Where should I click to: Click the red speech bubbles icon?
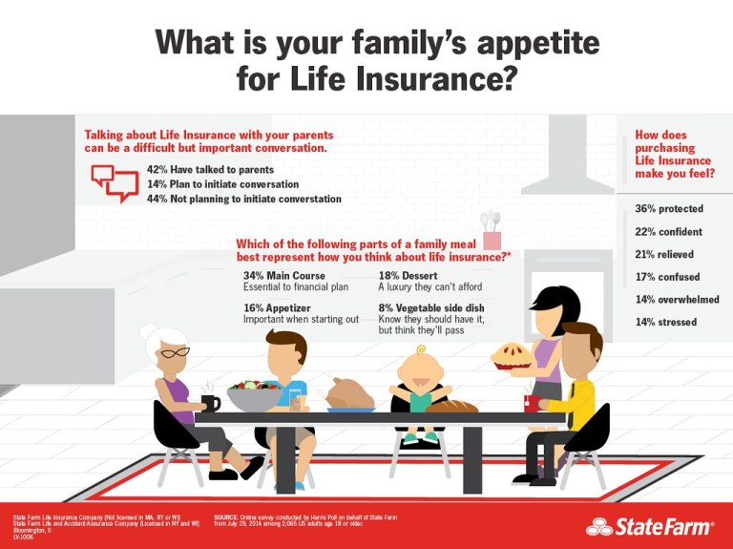pyautogui.click(x=115, y=181)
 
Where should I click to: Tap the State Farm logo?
pyautogui.click(x=650, y=525)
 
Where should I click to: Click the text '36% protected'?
pyautogui.click(x=669, y=209)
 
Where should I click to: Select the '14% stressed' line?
pyautogui.click(x=665, y=323)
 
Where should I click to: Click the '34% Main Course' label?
pyautogui.click(x=284, y=276)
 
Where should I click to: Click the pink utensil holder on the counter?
pyautogui.click(x=492, y=239)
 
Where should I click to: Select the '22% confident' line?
pyautogui.click(x=668, y=232)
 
